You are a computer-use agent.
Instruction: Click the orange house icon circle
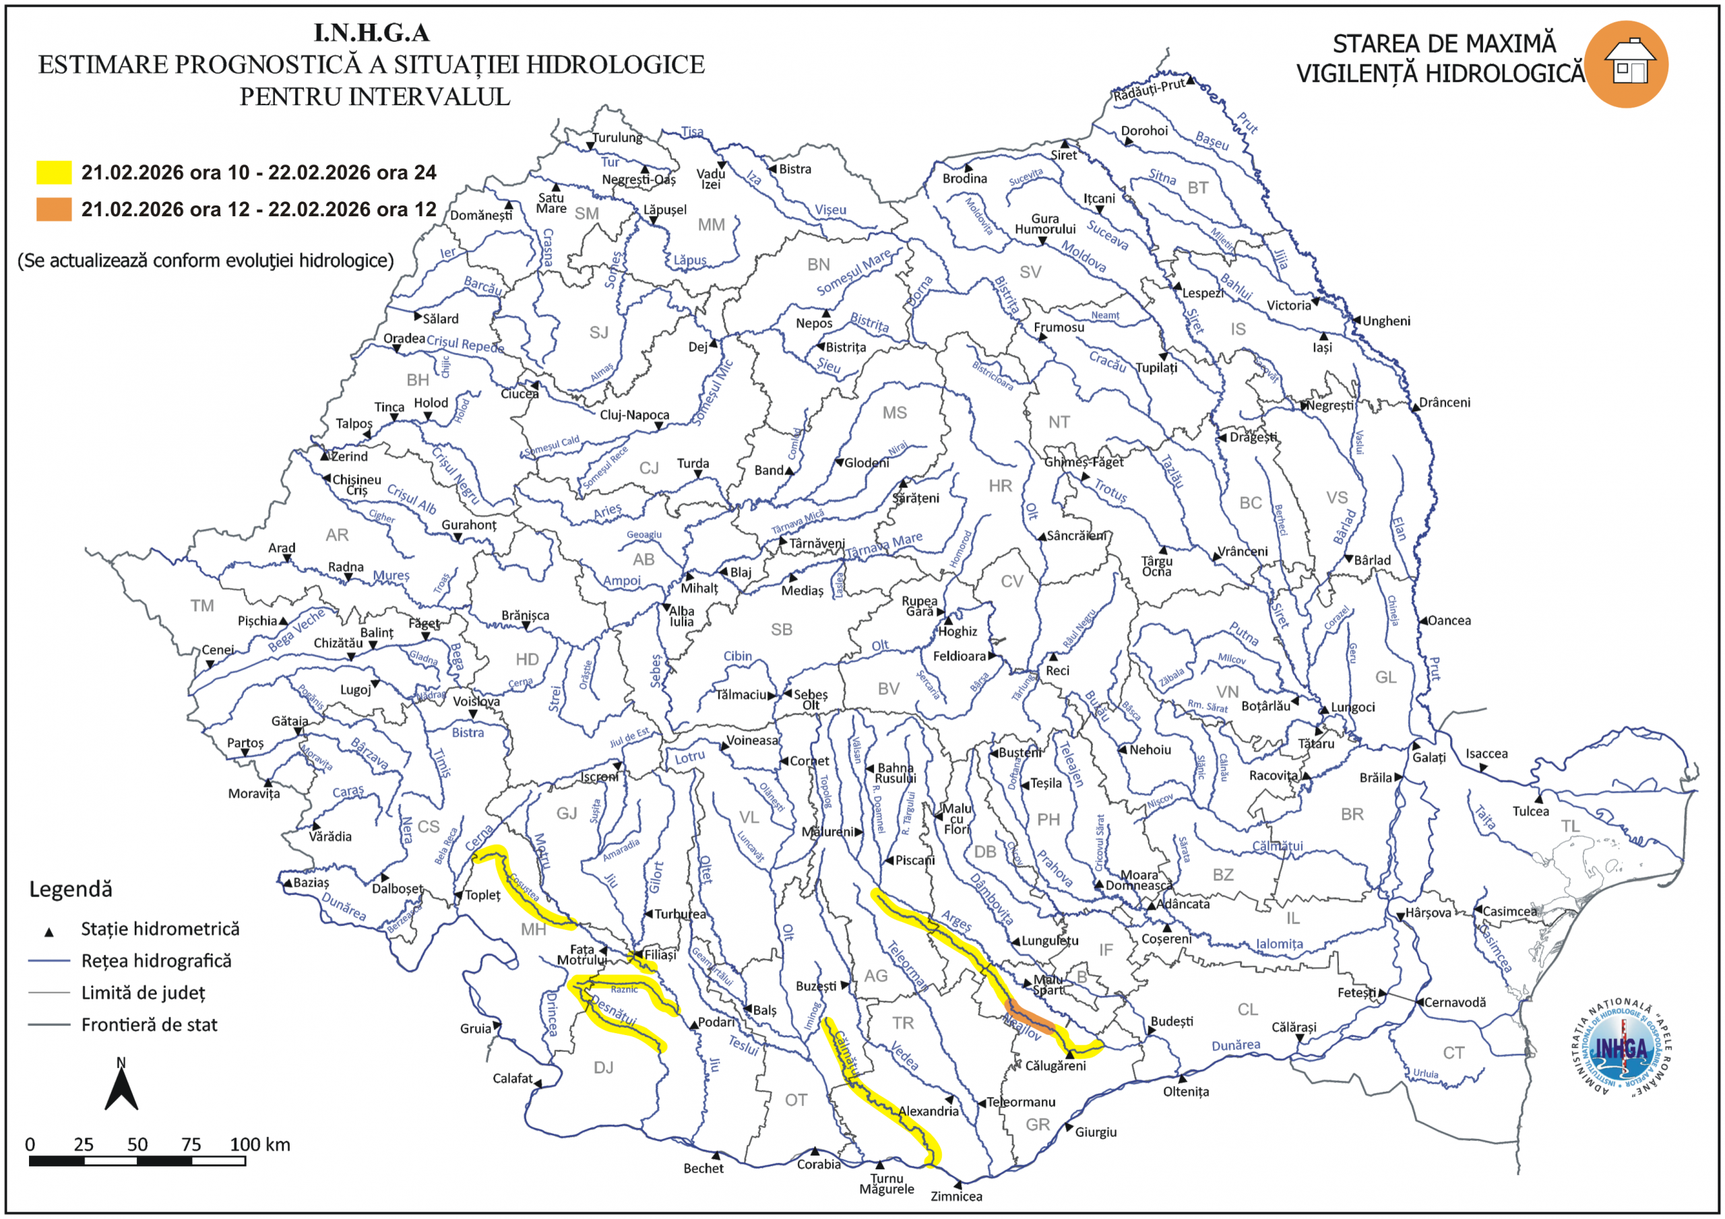coord(1626,65)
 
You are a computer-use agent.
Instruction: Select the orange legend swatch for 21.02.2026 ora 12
coord(54,209)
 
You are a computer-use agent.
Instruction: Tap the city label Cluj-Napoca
coord(634,415)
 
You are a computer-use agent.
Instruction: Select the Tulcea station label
coord(1530,811)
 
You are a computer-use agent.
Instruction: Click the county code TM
coord(202,605)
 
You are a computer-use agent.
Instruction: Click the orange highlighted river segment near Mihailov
coord(1030,1015)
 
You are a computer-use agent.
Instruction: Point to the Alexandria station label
coord(929,1111)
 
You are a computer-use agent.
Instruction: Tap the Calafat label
coord(512,1078)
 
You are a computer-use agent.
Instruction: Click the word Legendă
coord(71,889)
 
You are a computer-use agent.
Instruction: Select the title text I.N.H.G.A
coord(371,33)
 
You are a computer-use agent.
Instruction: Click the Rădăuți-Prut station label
coord(1149,90)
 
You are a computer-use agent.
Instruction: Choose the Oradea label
coord(404,338)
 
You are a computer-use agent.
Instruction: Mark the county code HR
coord(1000,486)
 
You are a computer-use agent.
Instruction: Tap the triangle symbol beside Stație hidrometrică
coord(49,932)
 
